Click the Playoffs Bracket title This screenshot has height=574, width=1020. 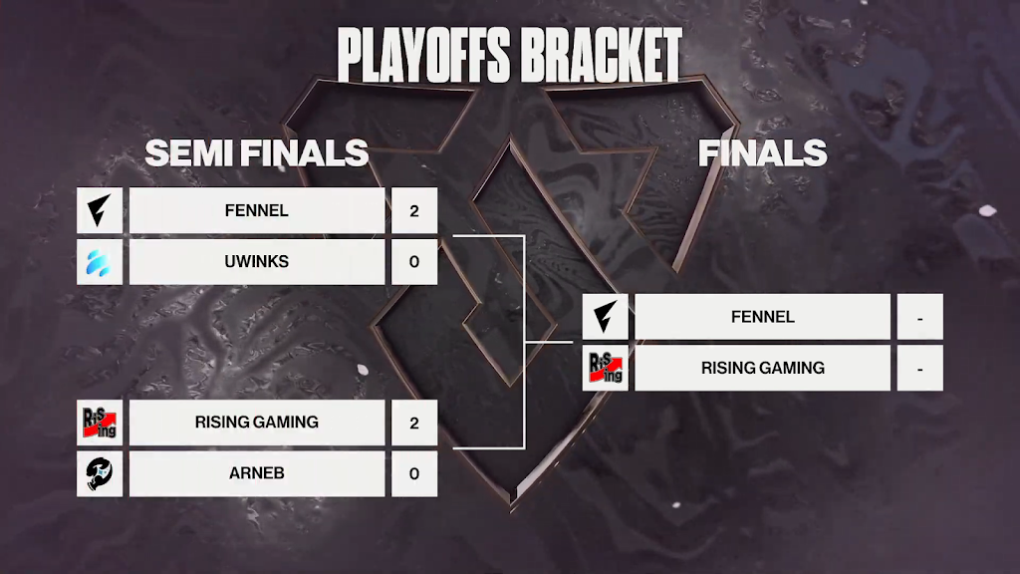click(509, 56)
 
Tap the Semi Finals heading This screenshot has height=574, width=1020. click(256, 152)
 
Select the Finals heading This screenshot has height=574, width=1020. click(762, 152)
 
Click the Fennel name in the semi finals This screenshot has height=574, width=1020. click(257, 210)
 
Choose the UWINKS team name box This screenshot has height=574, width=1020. click(257, 262)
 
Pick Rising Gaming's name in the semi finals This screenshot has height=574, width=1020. click(257, 423)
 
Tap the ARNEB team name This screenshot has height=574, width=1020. click(257, 473)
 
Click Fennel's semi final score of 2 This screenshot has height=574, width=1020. click(414, 210)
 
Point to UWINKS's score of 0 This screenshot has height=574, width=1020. click(414, 262)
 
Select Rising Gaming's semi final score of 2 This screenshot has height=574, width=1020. click(414, 423)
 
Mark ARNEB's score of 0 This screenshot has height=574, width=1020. click(414, 473)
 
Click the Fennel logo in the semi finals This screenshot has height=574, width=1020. click(100, 210)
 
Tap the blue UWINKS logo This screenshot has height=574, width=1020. click(100, 262)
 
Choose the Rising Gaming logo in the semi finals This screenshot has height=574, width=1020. click(100, 423)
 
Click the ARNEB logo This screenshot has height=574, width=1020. click(100, 473)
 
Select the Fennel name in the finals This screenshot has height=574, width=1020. click(762, 316)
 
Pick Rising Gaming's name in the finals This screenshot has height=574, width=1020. click(762, 368)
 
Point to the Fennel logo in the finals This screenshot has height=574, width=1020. click(605, 316)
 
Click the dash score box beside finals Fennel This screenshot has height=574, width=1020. click(919, 316)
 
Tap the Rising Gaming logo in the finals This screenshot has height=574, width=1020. click(605, 368)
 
